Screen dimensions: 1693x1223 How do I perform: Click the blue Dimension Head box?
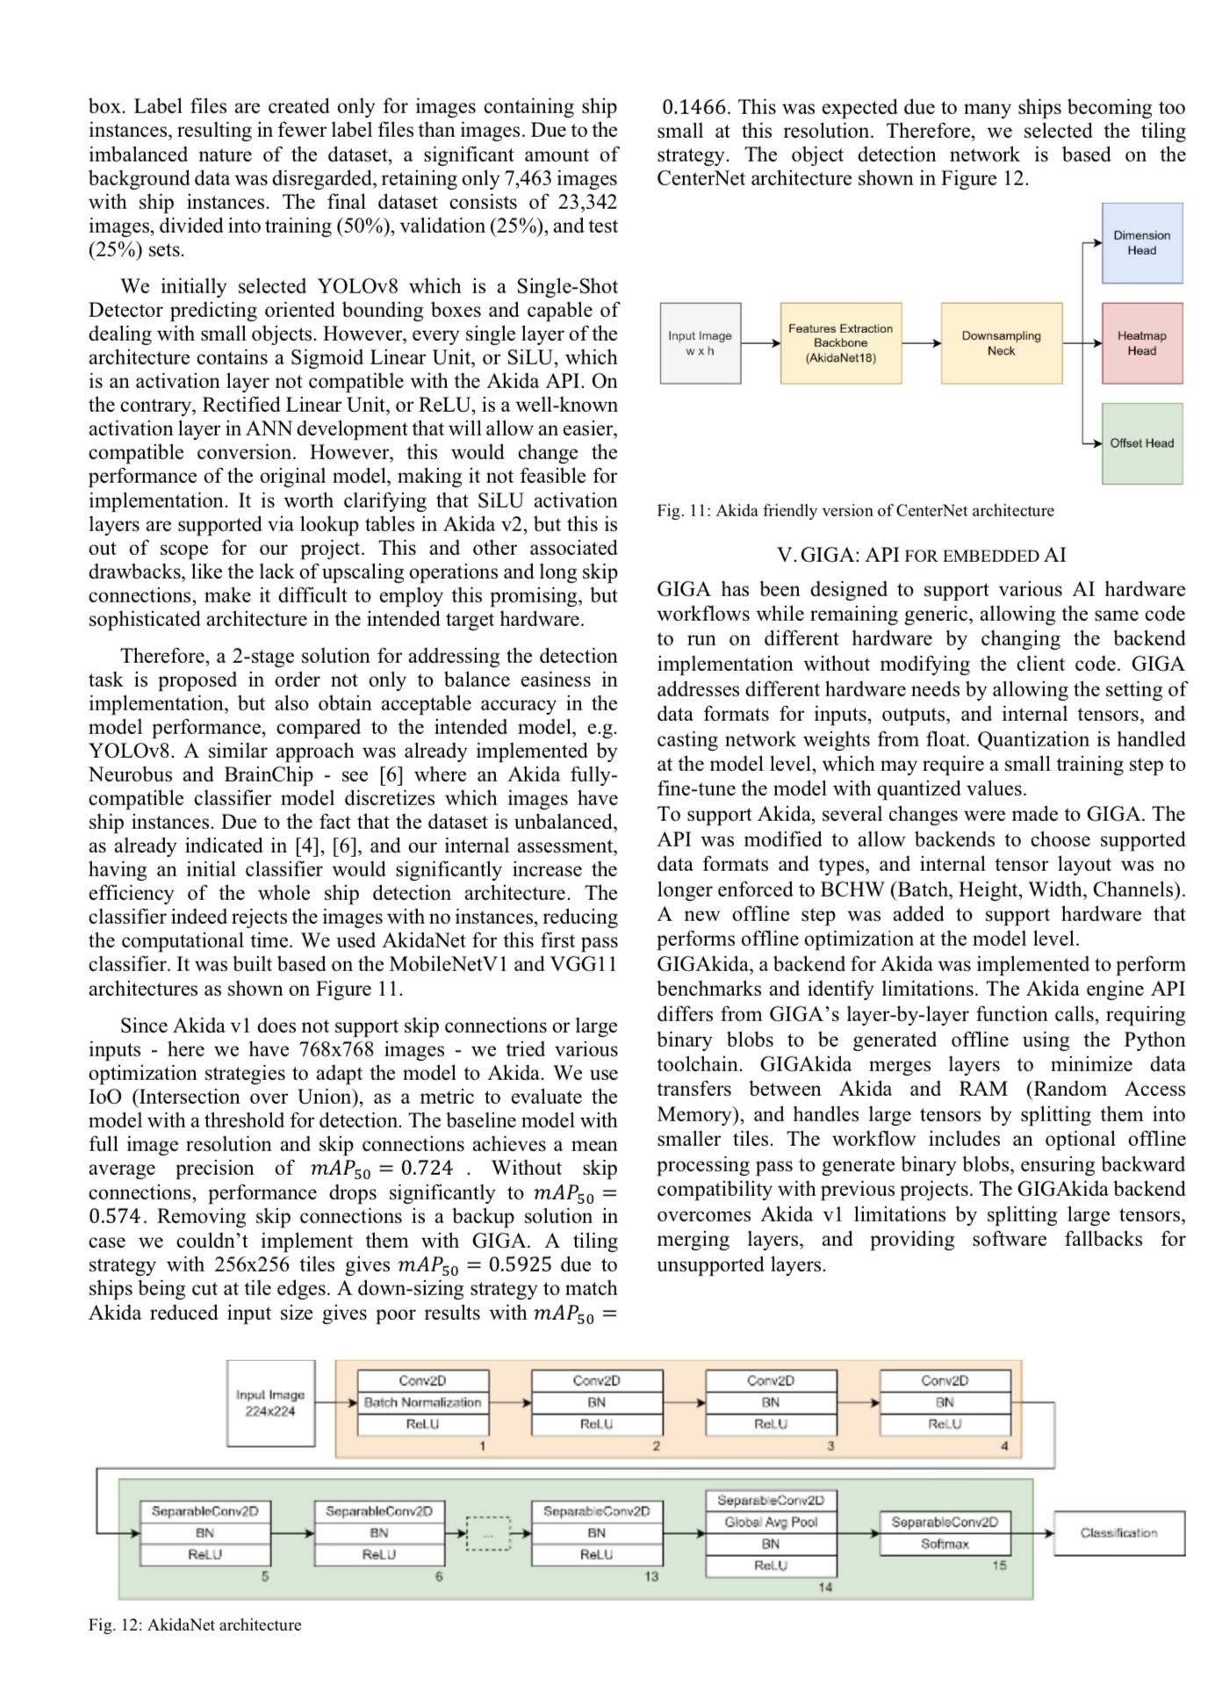1141,243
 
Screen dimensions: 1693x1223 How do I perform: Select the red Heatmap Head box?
1141,343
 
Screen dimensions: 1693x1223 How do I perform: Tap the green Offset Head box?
1141,443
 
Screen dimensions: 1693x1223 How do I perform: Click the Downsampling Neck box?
1001,343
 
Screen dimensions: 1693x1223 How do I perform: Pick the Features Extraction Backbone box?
840,343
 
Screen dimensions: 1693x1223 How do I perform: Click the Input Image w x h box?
700,343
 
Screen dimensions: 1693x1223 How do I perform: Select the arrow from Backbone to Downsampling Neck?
921,343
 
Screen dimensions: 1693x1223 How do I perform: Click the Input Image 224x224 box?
270,1403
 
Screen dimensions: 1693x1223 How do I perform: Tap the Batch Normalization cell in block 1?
422,1403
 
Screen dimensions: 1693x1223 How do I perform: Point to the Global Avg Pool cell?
771,1522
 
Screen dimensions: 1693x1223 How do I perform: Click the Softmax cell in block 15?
945,1544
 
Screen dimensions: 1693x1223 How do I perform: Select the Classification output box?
1119,1533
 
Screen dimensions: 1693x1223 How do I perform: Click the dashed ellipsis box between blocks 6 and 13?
488,1534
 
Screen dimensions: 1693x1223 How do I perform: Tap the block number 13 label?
651,1576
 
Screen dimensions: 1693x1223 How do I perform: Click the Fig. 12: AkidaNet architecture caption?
195,1625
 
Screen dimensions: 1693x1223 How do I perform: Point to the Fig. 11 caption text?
855,511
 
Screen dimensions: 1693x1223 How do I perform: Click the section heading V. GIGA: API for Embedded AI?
921,556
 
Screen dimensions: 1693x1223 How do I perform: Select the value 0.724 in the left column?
427,1169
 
